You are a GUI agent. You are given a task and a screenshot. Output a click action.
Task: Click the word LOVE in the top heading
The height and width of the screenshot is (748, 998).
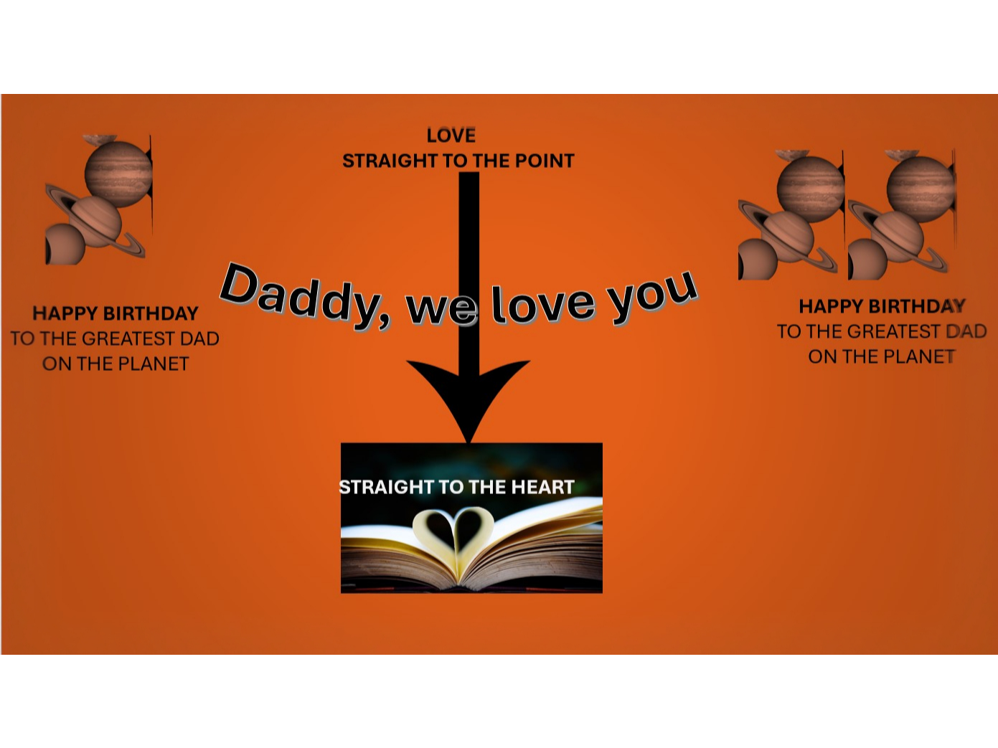click(451, 135)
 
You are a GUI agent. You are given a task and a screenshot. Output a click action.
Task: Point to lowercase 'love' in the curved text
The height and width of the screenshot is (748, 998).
click(543, 304)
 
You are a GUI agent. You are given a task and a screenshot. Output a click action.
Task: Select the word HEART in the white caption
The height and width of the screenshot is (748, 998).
click(542, 488)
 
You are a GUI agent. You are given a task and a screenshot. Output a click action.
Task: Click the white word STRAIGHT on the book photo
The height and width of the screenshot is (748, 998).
click(386, 488)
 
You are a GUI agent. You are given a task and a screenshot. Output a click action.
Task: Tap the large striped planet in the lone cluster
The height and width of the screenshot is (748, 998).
click(118, 173)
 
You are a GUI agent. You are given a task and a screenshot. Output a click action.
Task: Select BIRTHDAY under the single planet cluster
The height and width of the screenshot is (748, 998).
click(151, 313)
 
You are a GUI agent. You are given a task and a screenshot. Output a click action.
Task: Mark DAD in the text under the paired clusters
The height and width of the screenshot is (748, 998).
click(966, 331)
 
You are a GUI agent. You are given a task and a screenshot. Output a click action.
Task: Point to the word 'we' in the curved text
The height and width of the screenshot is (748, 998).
click(441, 307)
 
